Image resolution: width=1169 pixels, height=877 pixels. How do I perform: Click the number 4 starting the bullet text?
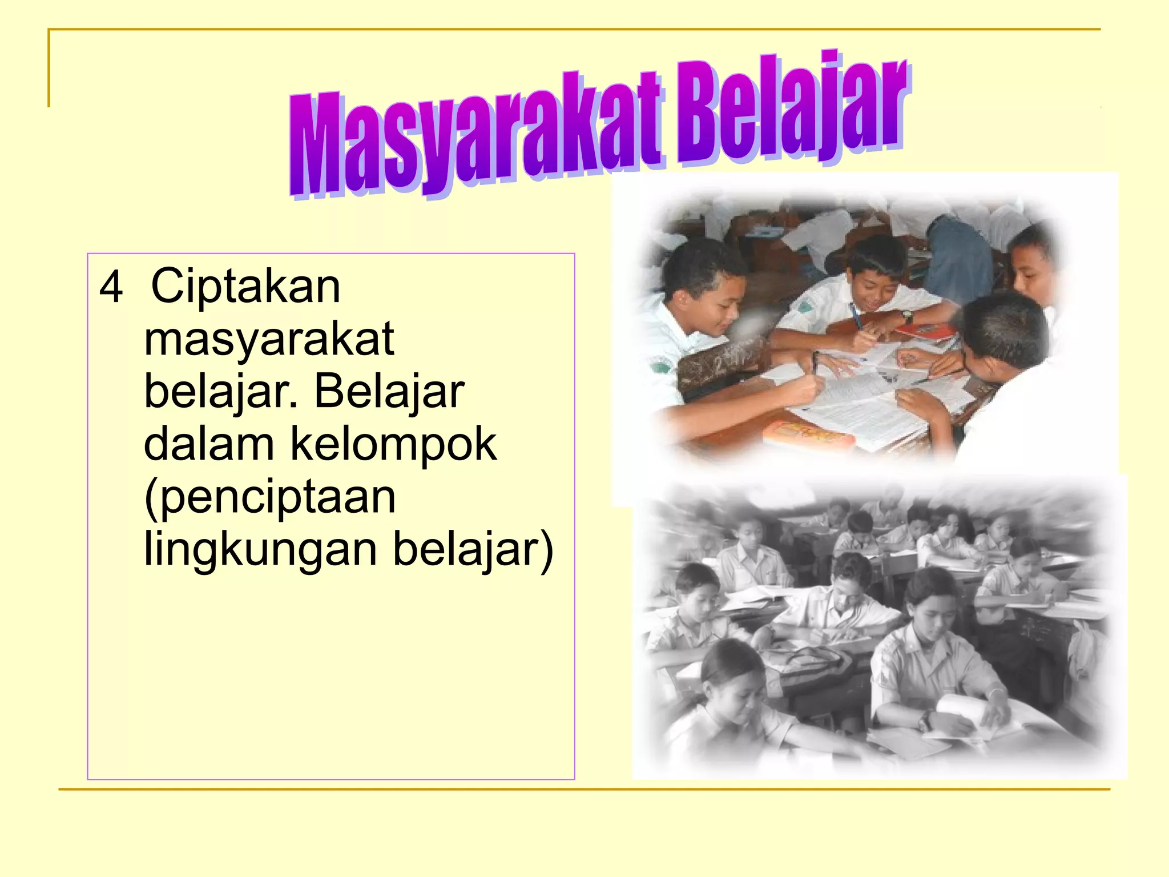tap(111, 287)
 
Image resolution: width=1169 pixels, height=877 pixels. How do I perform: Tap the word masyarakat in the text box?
tap(269, 339)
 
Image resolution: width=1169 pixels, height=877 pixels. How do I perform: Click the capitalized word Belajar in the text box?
tap(389, 392)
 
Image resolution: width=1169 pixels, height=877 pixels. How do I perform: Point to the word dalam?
tap(209, 444)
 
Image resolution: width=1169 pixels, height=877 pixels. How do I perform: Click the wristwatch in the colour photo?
tap(906, 316)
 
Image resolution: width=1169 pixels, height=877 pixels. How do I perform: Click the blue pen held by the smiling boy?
tap(856, 316)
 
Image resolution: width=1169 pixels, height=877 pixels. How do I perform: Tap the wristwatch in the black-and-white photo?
tap(924, 721)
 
